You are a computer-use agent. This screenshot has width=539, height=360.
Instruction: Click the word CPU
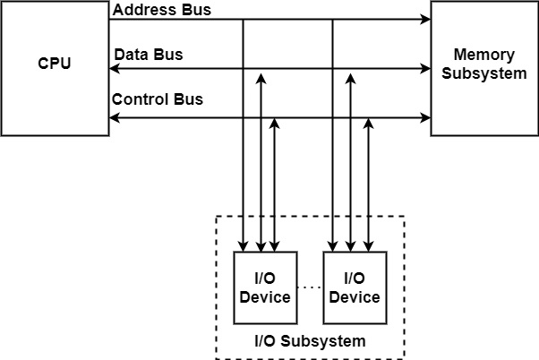pos(55,64)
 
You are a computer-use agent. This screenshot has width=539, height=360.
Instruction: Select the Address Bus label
pos(163,9)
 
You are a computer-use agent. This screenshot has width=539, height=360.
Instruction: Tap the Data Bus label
pos(149,55)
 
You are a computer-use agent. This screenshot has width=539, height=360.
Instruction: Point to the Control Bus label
pos(158,99)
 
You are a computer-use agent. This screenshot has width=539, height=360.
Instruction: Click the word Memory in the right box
pos(484,55)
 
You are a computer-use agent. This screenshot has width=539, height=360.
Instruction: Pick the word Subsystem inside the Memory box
pos(484,73)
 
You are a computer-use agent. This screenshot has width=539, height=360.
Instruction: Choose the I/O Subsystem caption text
pos(310,341)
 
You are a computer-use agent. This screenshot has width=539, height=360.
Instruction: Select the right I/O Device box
pos(355,287)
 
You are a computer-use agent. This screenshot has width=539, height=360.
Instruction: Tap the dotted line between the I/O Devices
pos(310,287)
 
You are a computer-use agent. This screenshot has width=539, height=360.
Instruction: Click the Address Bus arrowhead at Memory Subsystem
pos(426,19)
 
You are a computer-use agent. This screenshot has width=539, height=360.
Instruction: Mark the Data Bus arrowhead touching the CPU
pos(114,68)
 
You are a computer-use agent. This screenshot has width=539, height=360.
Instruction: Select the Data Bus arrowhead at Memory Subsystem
pos(426,68)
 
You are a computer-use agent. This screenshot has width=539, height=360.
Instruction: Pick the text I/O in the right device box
pos(355,279)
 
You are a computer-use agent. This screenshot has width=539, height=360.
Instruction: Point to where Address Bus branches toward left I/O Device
pos(243,19)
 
